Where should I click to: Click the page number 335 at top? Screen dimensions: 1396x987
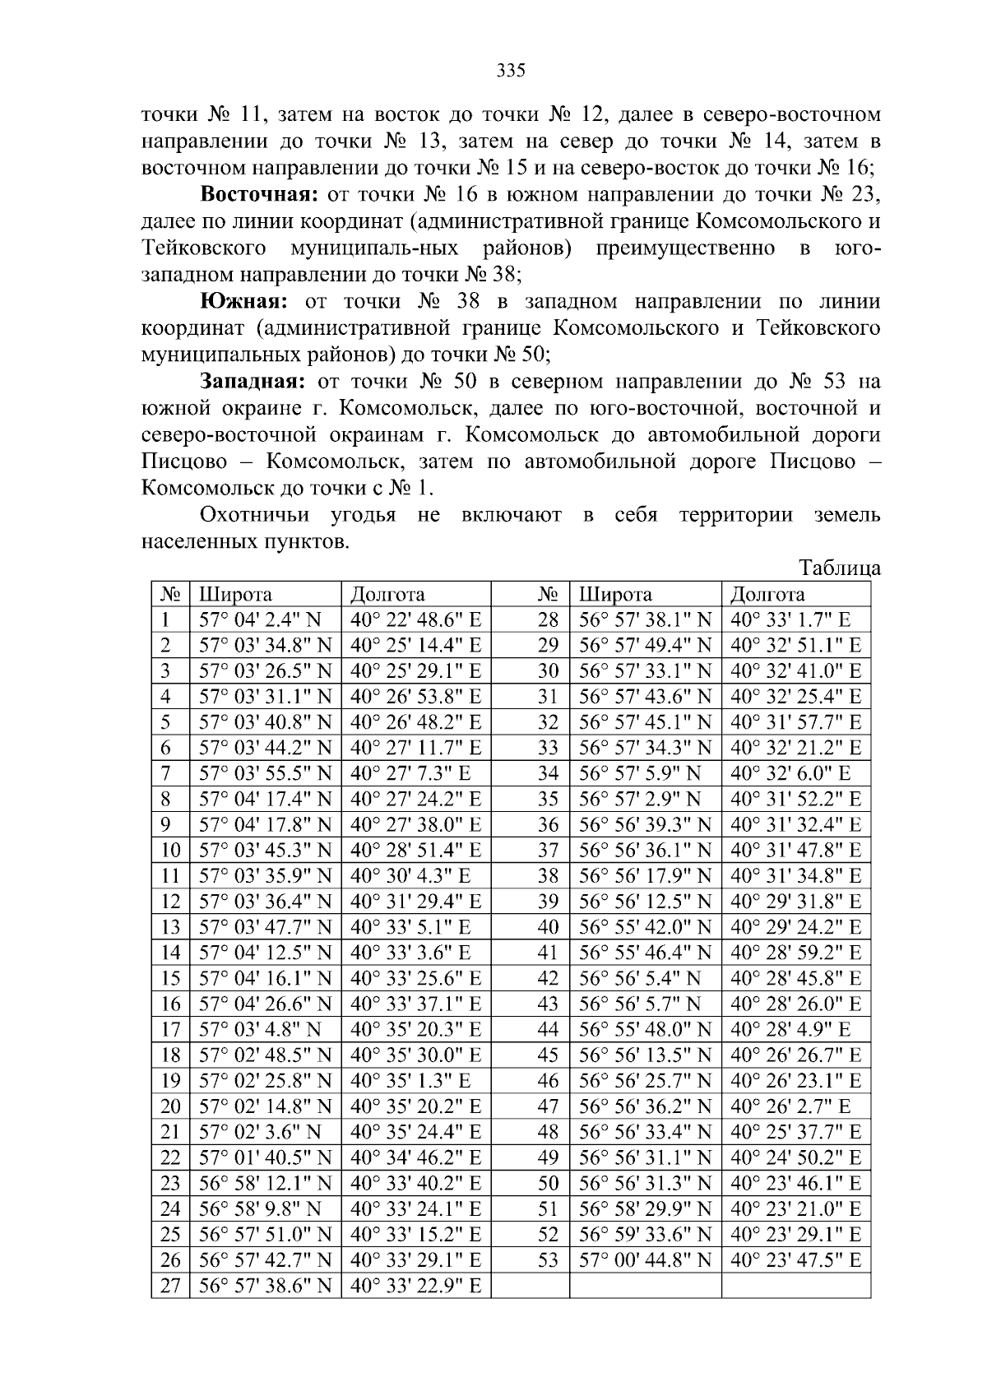pyautogui.click(x=511, y=70)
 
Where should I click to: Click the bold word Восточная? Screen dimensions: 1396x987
pyautogui.click(x=259, y=195)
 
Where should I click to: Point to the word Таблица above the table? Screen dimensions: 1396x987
pyautogui.click(x=840, y=568)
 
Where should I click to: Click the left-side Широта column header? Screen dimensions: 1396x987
pyautogui.click(x=236, y=594)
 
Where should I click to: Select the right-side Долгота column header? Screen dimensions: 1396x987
pyautogui.click(x=767, y=594)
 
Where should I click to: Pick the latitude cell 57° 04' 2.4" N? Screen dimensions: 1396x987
pyautogui.click(x=261, y=620)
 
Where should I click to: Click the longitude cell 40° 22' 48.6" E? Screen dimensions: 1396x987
pyautogui.click(x=415, y=620)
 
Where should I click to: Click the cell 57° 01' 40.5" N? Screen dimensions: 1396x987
pyautogui.click(x=265, y=1157)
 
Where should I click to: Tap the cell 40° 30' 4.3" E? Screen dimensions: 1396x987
pyautogui.click(x=410, y=876)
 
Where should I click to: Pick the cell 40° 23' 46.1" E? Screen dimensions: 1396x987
pyautogui.click(x=795, y=1184)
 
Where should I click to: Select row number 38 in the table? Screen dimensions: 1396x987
pyautogui.click(x=548, y=876)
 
